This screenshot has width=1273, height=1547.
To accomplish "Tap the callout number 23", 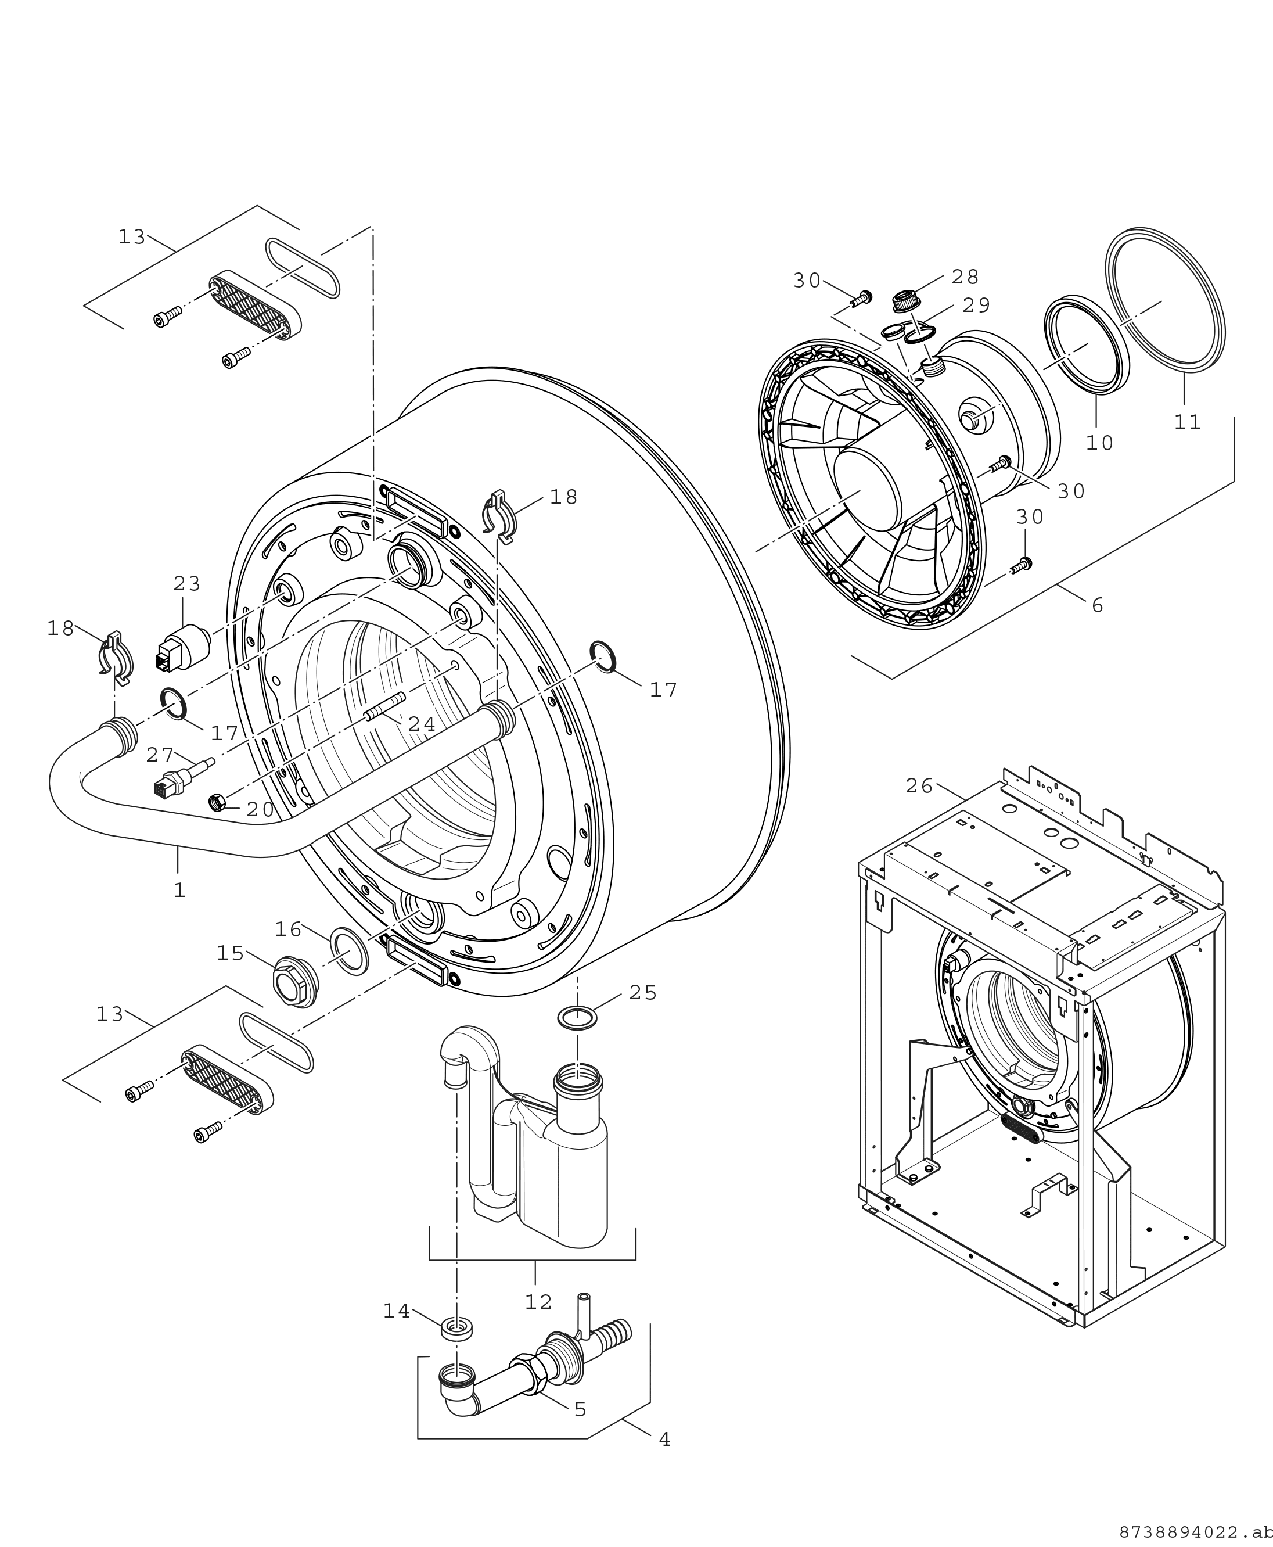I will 187,584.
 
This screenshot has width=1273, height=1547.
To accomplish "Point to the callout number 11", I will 1188,422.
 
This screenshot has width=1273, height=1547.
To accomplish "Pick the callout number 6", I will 1098,605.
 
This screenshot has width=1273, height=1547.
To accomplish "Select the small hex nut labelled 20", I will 217,802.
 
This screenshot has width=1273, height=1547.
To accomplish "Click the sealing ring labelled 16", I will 350,952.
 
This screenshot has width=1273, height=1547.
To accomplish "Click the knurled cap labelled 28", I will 907,301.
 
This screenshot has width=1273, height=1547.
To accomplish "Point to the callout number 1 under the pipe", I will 179,890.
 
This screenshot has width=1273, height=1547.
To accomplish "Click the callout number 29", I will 976,305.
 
